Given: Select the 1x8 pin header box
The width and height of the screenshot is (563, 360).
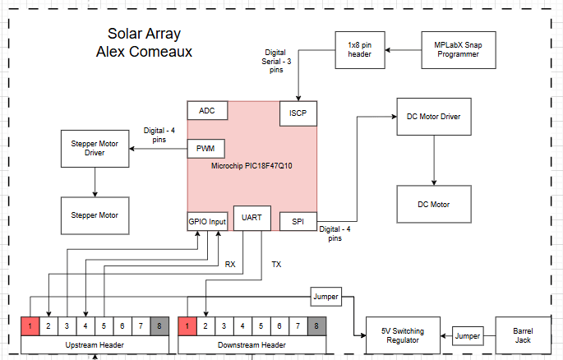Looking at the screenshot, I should click(x=360, y=49).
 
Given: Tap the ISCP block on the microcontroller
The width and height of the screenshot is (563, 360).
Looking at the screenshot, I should click(x=298, y=112).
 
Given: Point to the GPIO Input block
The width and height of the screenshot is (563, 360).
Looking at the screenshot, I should click(x=207, y=222).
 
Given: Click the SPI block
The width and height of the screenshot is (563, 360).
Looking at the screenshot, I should click(x=298, y=222).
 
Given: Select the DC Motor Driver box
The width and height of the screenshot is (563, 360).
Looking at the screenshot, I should click(x=433, y=117).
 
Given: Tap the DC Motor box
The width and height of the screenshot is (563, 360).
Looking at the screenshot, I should click(x=433, y=204).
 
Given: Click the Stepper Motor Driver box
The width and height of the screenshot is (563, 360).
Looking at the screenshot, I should click(x=95, y=149).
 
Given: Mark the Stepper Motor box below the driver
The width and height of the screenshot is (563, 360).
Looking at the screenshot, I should click(x=95, y=215).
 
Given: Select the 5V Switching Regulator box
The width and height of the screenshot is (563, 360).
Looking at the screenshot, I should click(x=403, y=335).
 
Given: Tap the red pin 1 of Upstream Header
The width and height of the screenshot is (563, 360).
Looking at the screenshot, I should click(x=30, y=325).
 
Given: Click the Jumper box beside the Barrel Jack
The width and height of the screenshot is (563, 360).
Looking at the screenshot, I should click(x=468, y=335).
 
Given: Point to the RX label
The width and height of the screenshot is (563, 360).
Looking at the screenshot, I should click(x=230, y=264).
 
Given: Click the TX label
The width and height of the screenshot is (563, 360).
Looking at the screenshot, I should click(x=276, y=264).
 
